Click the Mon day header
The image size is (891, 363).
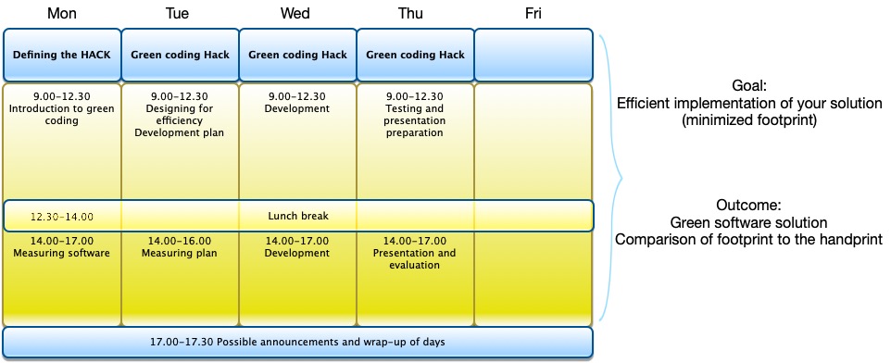62,14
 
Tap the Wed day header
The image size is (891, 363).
295,14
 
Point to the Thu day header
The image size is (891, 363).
410,14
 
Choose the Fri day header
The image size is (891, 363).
533,14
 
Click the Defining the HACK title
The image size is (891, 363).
62,56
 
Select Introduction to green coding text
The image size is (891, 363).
62,114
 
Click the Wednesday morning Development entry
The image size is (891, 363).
297,108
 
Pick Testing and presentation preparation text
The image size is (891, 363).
414,120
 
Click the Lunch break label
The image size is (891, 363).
298,216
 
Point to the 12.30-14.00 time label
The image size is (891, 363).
62,217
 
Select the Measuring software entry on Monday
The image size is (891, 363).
62,253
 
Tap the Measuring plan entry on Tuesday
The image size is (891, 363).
180,254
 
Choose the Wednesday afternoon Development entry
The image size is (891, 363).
297,254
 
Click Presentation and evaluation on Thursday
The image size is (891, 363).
414,259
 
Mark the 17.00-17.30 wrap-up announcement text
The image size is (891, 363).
297,342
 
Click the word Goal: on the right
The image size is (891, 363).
749,86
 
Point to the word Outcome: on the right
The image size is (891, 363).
749,205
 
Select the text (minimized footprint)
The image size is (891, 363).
749,121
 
